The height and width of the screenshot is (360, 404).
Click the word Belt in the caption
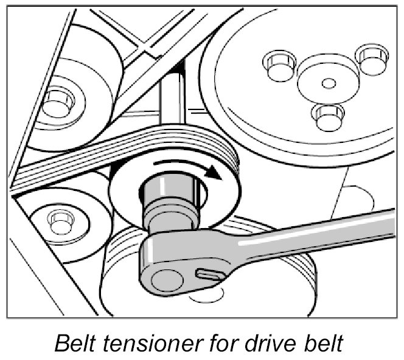pyautogui.click(x=74, y=343)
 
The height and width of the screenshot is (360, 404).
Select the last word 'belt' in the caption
pyautogui.click(x=328, y=343)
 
